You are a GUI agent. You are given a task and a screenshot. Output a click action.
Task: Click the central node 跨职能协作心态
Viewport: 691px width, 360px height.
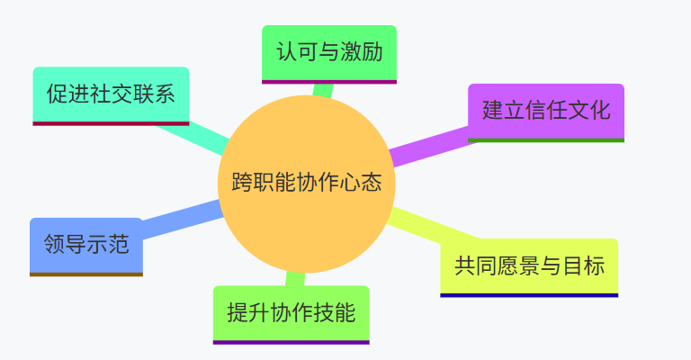[307, 184]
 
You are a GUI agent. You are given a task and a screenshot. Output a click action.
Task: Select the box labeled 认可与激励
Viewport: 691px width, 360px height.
[329, 52]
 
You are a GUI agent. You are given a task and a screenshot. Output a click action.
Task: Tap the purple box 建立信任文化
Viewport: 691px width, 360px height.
[546, 111]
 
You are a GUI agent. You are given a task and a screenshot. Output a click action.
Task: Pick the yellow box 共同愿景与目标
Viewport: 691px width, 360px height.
[529, 265]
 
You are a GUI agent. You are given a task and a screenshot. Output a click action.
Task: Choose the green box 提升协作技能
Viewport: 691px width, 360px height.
[291, 313]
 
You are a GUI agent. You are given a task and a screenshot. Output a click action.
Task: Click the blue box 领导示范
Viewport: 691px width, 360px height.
[86, 244]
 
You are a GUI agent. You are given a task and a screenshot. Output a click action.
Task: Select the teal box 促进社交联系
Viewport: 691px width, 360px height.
[111, 94]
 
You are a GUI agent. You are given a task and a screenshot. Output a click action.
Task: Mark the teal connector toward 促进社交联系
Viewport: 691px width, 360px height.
[194, 134]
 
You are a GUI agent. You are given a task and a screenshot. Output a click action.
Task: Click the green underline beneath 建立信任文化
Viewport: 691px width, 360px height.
[546, 140]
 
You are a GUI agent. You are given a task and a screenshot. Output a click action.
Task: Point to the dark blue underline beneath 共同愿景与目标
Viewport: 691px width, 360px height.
[529, 295]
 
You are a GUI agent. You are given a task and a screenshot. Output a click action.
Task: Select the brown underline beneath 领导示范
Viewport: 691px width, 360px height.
[86, 274]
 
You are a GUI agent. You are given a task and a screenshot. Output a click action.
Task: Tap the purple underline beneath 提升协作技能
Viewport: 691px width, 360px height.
[291, 342]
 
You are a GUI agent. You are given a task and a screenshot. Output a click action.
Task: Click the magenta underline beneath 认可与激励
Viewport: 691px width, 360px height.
[329, 81]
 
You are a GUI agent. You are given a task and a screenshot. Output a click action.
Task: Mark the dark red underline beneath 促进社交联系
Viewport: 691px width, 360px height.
[111, 123]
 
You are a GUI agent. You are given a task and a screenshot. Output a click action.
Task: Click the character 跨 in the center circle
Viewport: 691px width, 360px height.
[241, 184]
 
